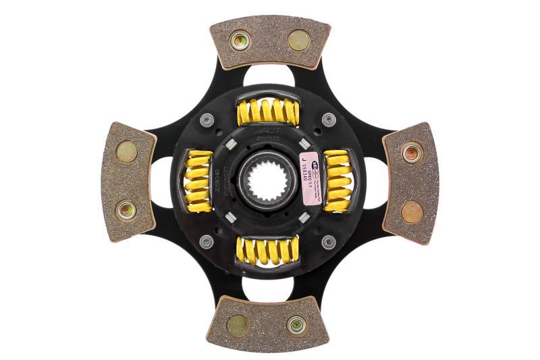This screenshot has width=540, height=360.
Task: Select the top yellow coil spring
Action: (x=269, y=112)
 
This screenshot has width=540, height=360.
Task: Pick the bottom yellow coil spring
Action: (x=268, y=251)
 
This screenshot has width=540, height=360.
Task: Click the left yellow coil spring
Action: (x=198, y=180)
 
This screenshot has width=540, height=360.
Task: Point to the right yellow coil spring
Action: (x=337, y=180)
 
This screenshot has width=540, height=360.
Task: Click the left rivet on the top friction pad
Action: (x=240, y=41)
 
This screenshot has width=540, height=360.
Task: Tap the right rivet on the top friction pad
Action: (x=298, y=41)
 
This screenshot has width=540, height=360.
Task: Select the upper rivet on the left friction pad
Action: (x=126, y=151)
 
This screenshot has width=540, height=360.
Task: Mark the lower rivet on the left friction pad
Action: (x=126, y=211)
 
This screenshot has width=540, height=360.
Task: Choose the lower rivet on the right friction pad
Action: (x=412, y=211)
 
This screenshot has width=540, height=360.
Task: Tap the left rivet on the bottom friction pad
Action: (x=238, y=325)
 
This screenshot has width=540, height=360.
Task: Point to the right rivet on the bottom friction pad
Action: (x=296, y=325)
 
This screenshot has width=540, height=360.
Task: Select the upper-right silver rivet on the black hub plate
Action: (x=329, y=120)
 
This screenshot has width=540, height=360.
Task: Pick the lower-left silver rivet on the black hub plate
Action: (x=207, y=241)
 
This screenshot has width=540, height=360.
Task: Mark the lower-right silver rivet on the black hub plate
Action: (x=329, y=242)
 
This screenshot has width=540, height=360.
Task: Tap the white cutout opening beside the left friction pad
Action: (x=161, y=181)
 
